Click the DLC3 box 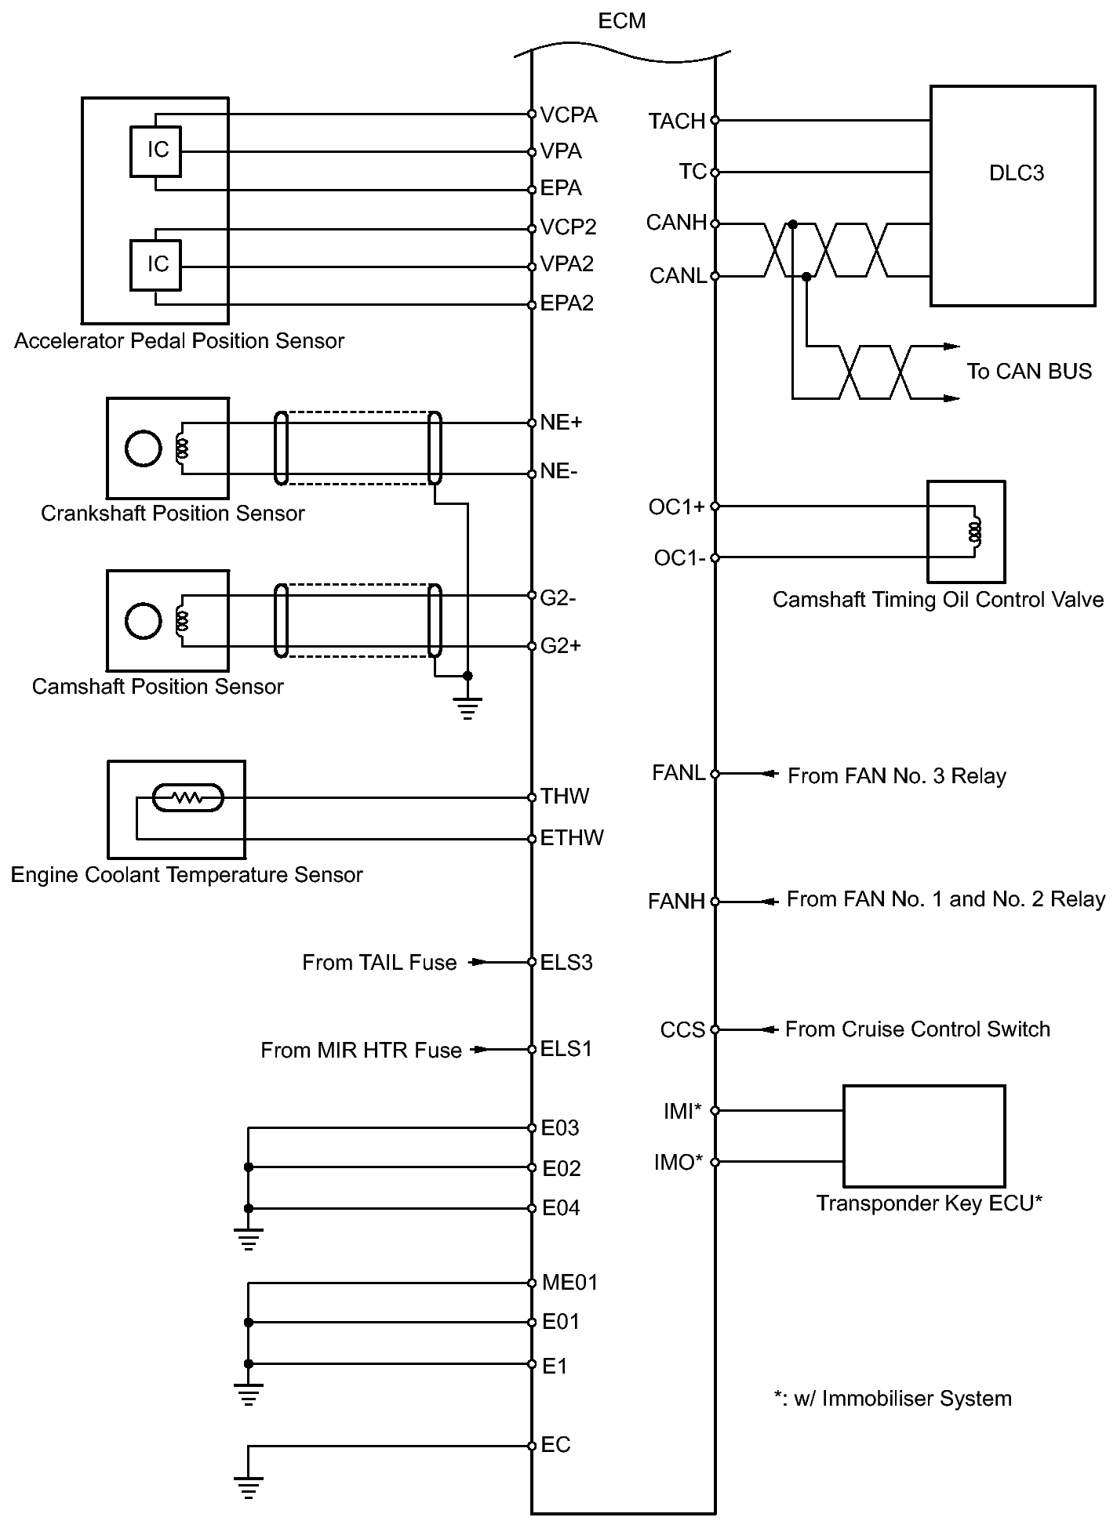1012,195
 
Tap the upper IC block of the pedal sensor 156,151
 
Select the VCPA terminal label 569,115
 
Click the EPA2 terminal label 567,303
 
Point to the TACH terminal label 676,122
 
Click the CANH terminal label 676,223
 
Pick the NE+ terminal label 561,423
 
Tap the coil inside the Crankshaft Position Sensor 183,448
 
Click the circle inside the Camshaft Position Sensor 143,621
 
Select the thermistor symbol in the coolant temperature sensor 187,798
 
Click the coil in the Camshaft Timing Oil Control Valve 975,532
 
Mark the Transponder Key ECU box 923,1135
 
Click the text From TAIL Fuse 379,963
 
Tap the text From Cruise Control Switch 917,1029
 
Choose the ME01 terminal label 569,1283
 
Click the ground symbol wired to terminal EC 248,1487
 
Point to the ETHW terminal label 572,838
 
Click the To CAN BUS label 1028,372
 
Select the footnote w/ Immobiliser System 893,1399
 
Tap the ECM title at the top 621,21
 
